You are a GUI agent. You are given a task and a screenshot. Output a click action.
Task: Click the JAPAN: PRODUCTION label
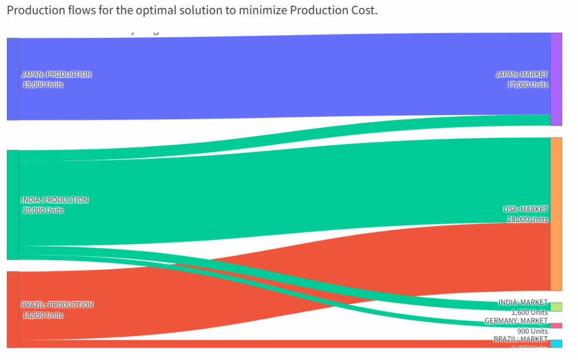click(x=56, y=74)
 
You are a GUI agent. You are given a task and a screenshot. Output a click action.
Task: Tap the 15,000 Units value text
click(x=43, y=85)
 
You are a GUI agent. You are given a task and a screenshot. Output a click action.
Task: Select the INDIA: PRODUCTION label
click(x=55, y=200)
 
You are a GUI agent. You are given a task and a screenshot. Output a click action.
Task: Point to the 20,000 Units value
click(x=43, y=210)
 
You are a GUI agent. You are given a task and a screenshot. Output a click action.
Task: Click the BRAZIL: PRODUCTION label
click(x=57, y=305)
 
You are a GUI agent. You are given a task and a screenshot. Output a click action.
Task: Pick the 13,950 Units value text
click(x=43, y=315)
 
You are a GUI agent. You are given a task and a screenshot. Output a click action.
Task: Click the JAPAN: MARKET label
click(x=522, y=74)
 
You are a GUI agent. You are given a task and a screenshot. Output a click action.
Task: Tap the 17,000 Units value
click(x=527, y=85)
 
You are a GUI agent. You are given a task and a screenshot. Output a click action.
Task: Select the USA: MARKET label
click(x=526, y=209)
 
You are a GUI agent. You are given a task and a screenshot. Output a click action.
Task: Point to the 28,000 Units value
click(x=527, y=219)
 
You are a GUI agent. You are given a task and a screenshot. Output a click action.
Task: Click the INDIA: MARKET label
click(x=523, y=302)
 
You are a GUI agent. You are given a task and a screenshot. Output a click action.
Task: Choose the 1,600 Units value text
click(x=529, y=312)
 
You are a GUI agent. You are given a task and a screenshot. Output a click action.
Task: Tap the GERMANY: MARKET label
click(x=516, y=321)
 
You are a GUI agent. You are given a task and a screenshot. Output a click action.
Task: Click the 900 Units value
click(x=532, y=331)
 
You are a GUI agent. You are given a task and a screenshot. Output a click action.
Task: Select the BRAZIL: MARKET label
click(x=520, y=339)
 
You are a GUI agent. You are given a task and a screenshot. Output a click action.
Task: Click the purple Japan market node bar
click(x=556, y=79)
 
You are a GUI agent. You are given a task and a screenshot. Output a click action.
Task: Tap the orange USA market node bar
click(x=556, y=214)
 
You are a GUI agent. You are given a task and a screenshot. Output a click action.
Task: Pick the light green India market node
click(x=556, y=307)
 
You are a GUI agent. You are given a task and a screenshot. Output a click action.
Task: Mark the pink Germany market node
click(x=556, y=326)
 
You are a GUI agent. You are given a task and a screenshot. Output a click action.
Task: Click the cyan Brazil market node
click(x=556, y=344)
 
